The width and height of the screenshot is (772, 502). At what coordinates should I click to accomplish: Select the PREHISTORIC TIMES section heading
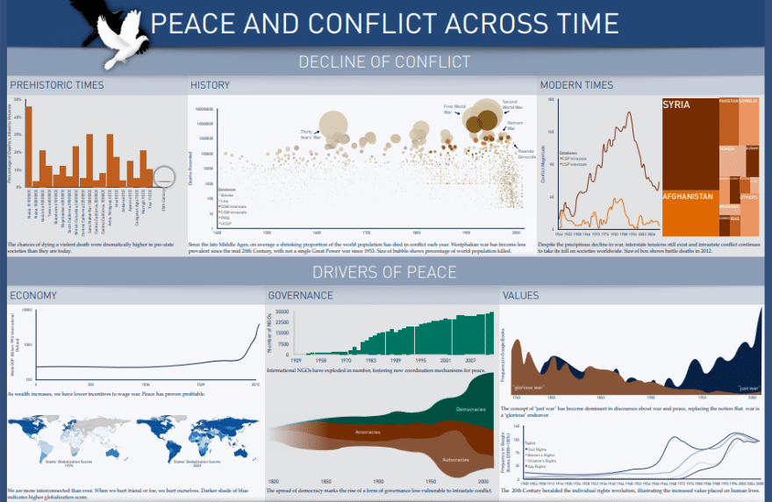pyautogui.click(x=56, y=85)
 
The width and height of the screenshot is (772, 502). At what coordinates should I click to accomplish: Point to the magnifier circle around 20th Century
pyautogui.click(x=163, y=180)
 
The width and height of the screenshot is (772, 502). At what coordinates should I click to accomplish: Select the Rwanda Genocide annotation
pyautogui.click(x=526, y=154)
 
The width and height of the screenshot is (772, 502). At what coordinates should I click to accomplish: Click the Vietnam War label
pyautogui.click(x=515, y=125)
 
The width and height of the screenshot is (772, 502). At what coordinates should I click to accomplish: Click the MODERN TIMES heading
pyautogui.click(x=576, y=85)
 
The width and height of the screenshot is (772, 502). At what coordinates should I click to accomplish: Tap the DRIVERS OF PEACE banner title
pyautogui.click(x=384, y=272)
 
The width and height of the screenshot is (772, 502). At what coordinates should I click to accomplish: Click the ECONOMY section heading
pyautogui.click(x=33, y=296)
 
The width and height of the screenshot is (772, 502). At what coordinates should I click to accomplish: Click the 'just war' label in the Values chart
pyautogui.click(x=748, y=387)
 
